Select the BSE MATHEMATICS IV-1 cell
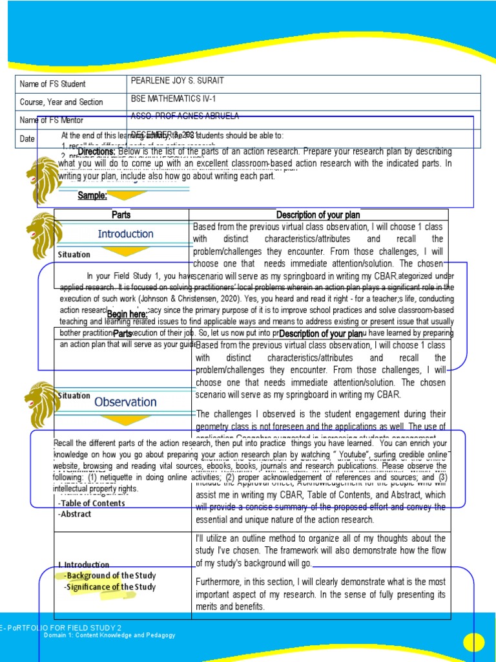tap(167, 99)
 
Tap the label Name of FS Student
tap(53, 84)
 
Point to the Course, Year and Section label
tap(61, 102)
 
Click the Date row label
tap(27, 138)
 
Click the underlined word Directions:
tap(96, 151)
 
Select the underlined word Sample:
tap(92, 195)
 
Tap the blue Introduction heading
tap(125, 234)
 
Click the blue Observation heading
tap(125, 402)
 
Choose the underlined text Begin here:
tap(127, 314)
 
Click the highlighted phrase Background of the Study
tap(110, 575)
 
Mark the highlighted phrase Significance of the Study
tap(110, 587)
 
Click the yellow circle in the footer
tap(473, 642)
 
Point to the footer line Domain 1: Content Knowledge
tap(109, 635)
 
